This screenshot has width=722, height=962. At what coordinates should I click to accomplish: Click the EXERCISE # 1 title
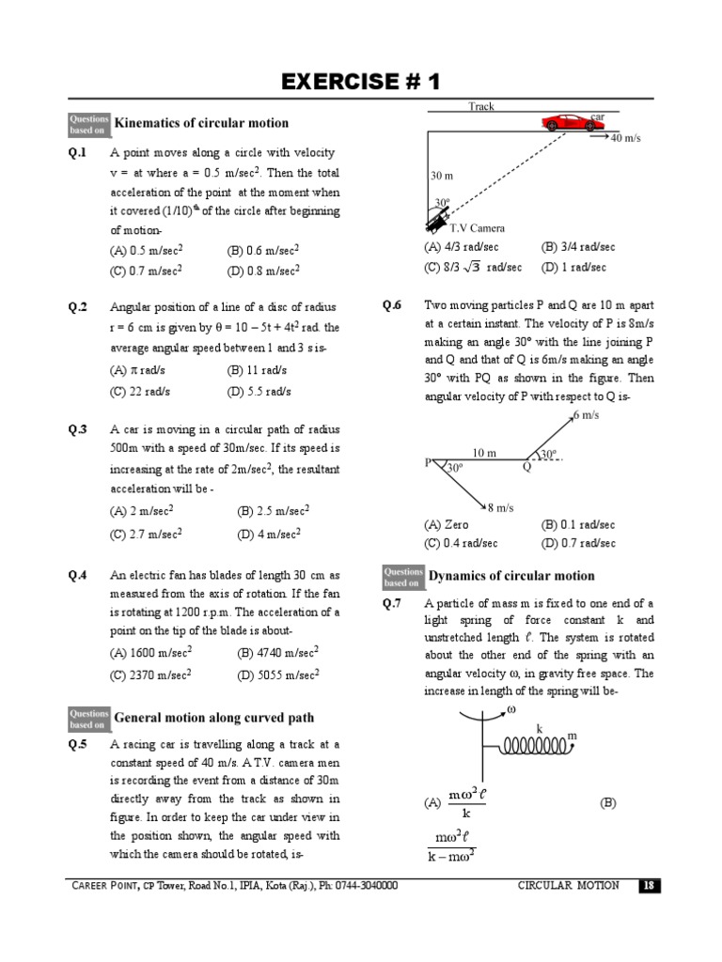(x=361, y=82)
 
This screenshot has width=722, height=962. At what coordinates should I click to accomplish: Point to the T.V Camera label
(x=477, y=228)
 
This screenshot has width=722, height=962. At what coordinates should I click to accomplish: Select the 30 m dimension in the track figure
(x=442, y=176)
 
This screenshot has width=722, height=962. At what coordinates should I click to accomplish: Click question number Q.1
(x=77, y=152)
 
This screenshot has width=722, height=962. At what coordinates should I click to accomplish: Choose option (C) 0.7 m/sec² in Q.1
(x=146, y=270)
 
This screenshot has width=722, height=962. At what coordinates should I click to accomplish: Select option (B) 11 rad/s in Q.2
(x=257, y=370)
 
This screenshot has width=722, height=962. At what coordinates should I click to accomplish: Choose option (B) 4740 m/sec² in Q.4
(x=278, y=651)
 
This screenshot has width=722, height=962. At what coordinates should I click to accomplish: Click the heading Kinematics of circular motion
(x=201, y=123)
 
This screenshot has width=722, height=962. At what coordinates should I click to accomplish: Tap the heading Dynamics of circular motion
(x=511, y=576)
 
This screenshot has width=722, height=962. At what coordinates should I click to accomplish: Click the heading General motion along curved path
(x=213, y=719)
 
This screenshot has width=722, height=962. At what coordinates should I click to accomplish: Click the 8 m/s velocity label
(x=500, y=507)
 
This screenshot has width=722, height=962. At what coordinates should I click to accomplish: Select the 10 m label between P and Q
(x=484, y=453)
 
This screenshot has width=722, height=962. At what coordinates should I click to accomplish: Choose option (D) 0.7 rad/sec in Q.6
(x=578, y=543)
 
